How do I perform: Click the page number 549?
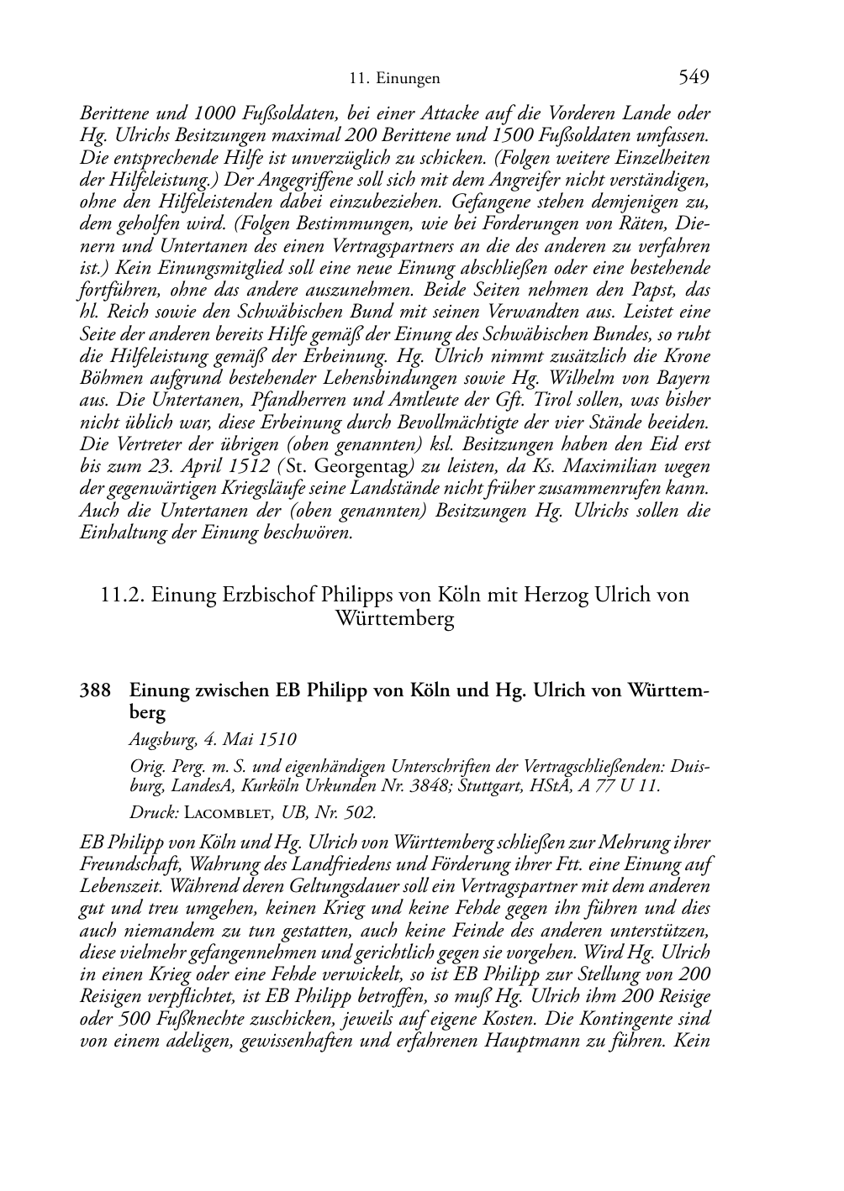pyautogui.click(x=694, y=78)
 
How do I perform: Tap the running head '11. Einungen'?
pyautogui.click(x=394, y=80)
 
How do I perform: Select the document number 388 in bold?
pyautogui.click(x=95, y=691)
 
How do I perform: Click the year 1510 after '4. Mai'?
pyautogui.click(x=277, y=740)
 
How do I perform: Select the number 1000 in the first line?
pyautogui.click(x=211, y=114)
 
